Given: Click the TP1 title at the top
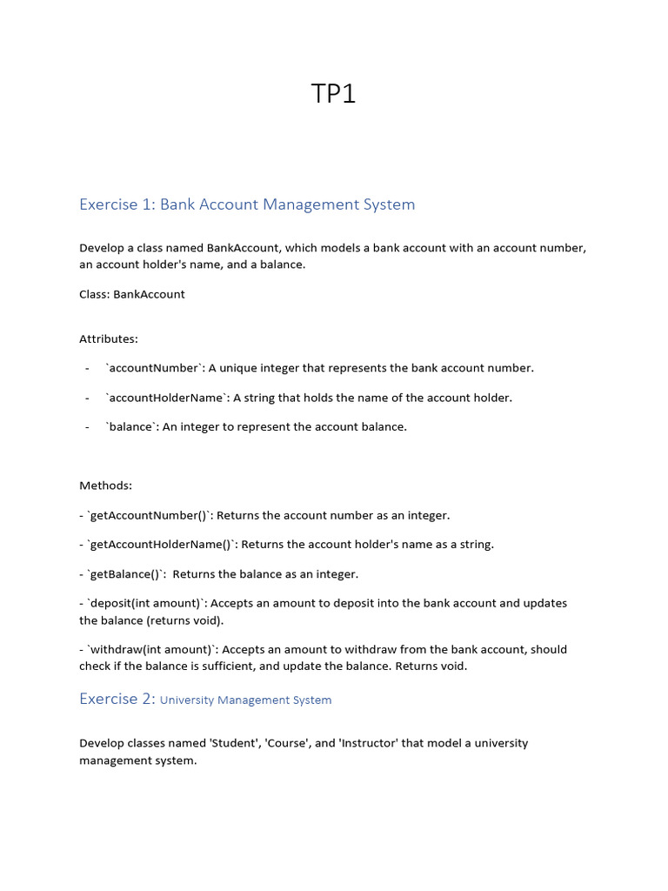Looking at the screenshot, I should pos(334,94).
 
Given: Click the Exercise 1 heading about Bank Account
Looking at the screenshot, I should pos(247,204).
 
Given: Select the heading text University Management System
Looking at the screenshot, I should pos(245,700).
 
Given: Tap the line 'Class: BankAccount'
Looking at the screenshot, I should pos(131,294).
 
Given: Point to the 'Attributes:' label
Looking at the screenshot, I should pos(109,338).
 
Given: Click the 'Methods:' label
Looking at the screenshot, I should pos(105,486).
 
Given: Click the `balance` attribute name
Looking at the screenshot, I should pos(130,427).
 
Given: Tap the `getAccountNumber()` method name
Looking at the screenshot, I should pos(150,515).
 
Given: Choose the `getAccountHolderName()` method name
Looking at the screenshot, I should pos(164,545).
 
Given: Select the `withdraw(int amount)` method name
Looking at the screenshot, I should pos(151,650).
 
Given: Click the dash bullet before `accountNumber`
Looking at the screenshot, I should pos(88,368).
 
